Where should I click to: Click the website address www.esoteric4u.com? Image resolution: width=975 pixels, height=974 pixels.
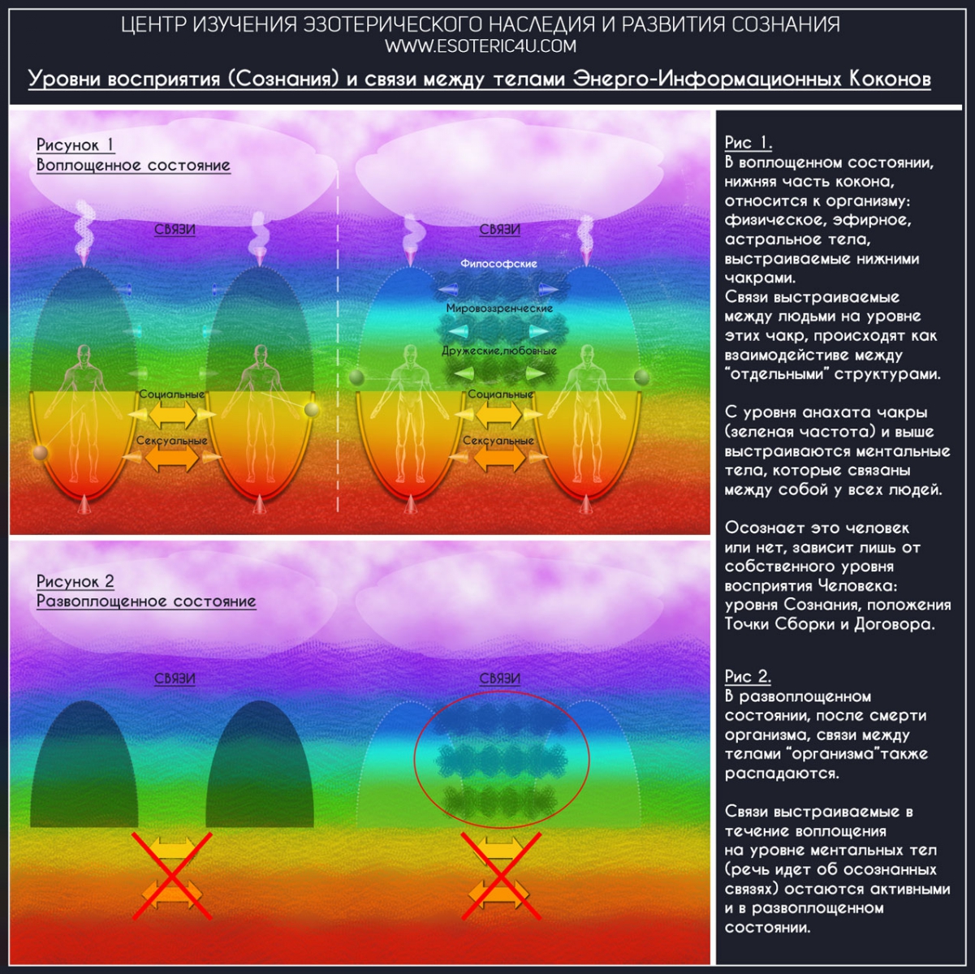(x=481, y=46)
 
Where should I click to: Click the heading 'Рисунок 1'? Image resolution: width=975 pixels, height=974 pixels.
(x=75, y=145)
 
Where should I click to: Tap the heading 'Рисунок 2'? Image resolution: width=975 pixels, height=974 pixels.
(x=75, y=581)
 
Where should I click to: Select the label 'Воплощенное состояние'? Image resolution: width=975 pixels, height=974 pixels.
(x=133, y=166)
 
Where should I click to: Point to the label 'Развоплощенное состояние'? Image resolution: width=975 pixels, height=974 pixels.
(x=146, y=601)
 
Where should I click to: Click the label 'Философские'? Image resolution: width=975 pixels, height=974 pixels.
(x=498, y=264)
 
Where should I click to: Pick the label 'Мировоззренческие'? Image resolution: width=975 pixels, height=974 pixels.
(x=499, y=308)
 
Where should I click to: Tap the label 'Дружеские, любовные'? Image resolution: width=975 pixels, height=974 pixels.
(x=499, y=351)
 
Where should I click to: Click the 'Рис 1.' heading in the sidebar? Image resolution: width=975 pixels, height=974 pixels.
(x=748, y=143)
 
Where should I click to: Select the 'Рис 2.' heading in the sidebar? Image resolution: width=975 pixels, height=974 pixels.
(x=748, y=676)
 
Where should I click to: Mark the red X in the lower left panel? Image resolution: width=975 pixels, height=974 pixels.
(x=172, y=875)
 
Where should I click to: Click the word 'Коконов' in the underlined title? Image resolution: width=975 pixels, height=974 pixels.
(x=890, y=79)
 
